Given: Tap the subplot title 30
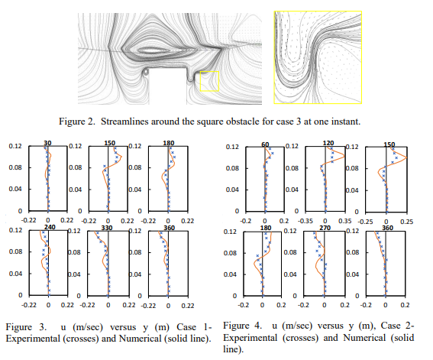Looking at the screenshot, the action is click(47, 143).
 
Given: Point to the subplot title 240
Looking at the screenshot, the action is click(50, 227).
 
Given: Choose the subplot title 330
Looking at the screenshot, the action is click(107, 228).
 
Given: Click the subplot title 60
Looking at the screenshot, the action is click(265, 144).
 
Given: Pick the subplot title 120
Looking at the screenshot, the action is click(328, 143).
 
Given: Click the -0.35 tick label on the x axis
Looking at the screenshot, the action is click(305, 221).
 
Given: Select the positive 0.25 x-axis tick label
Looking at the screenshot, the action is click(407, 222).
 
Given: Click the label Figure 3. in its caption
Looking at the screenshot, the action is click(26, 327).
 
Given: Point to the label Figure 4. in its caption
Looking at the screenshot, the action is click(242, 326).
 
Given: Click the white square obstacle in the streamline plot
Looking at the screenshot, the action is click(168, 86).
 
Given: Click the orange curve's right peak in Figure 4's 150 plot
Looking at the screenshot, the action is click(406, 157).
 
